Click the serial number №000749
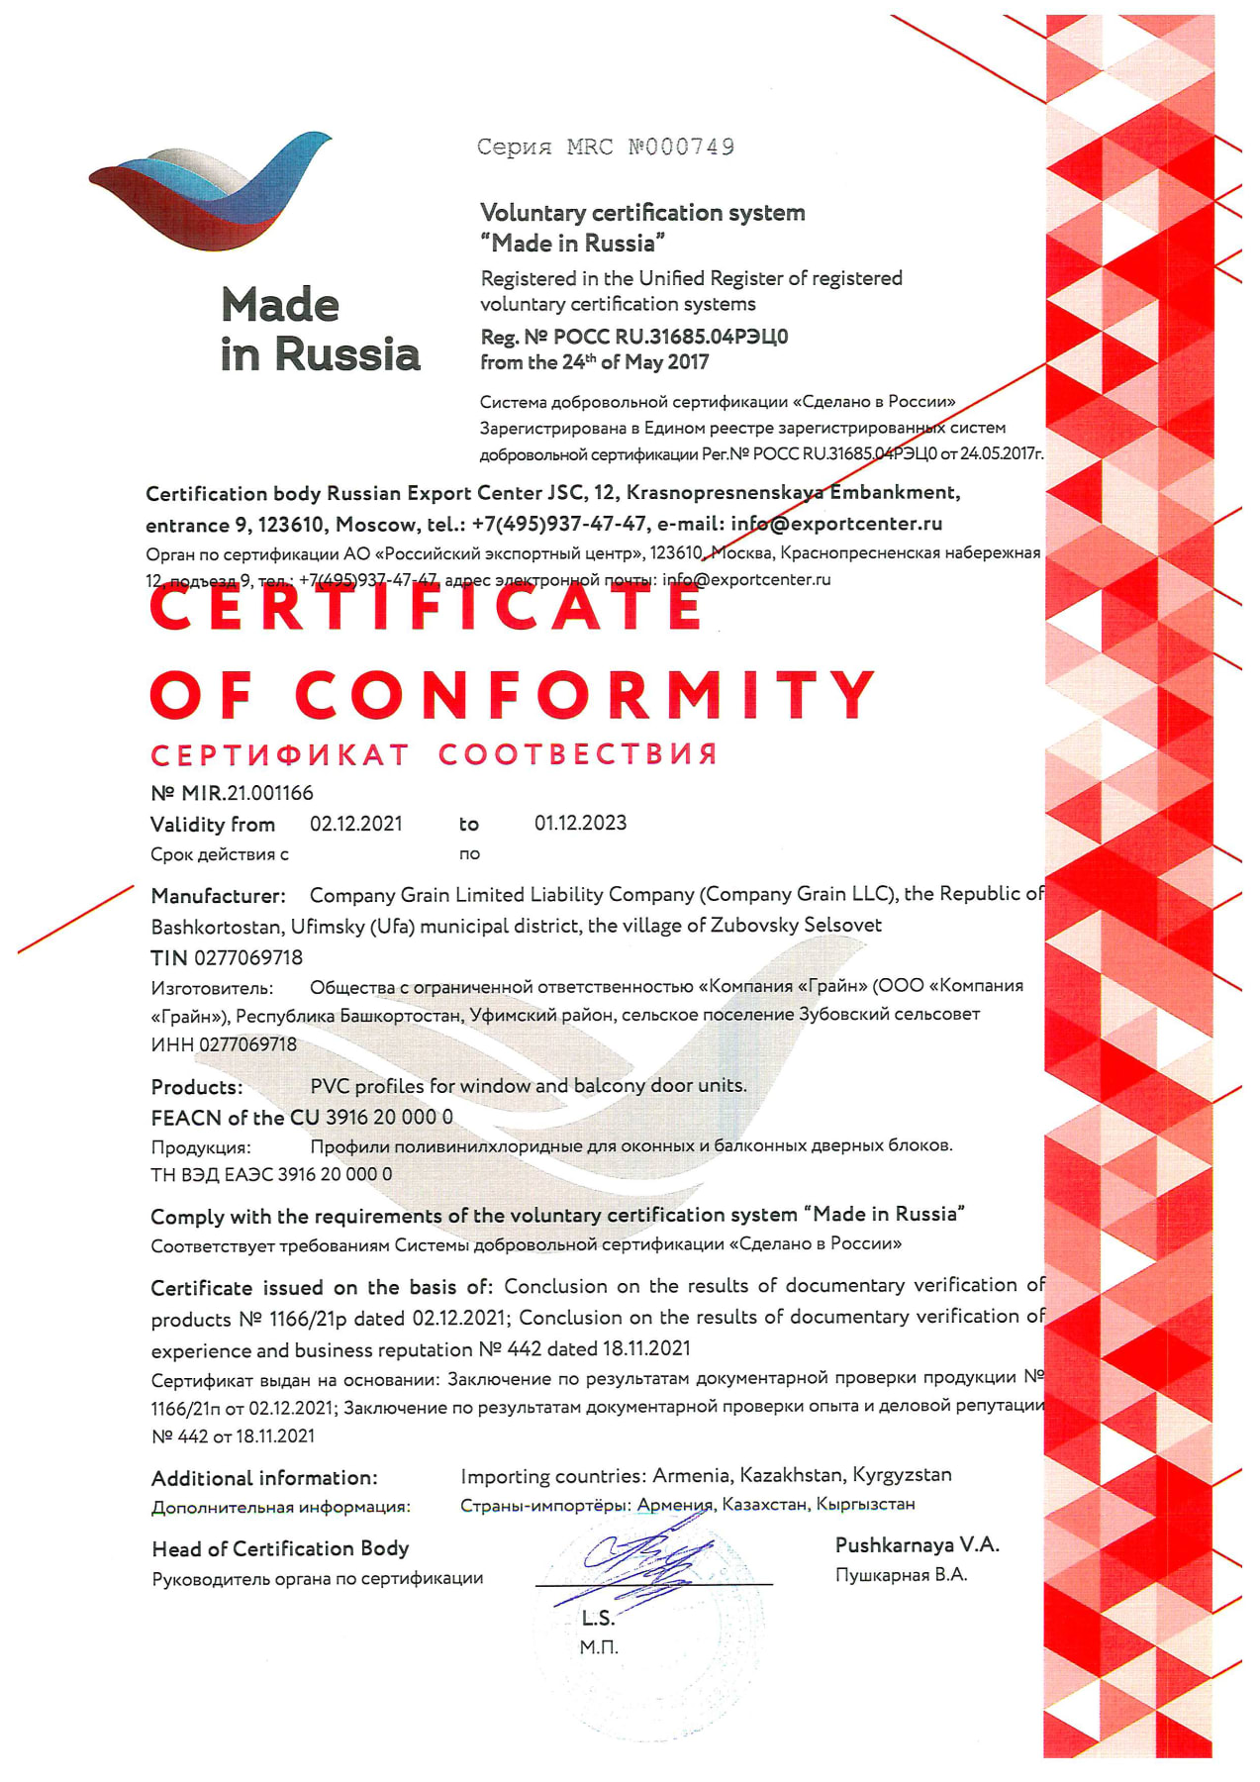click(x=681, y=148)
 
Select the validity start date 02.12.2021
click(x=356, y=824)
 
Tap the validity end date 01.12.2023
click(x=580, y=823)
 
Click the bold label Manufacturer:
click(x=218, y=896)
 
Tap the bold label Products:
click(x=197, y=1087)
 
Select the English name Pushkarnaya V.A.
click(x=917, y=1544)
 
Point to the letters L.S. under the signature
click(x=598, y=1618)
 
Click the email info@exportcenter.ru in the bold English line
click(x=836, y=524)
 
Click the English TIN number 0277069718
click(x=248, y=957)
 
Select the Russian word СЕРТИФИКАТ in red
click(x=279, y=755)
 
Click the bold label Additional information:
click(x=264, y=1478)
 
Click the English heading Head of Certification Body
click(x=280, y=1548)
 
